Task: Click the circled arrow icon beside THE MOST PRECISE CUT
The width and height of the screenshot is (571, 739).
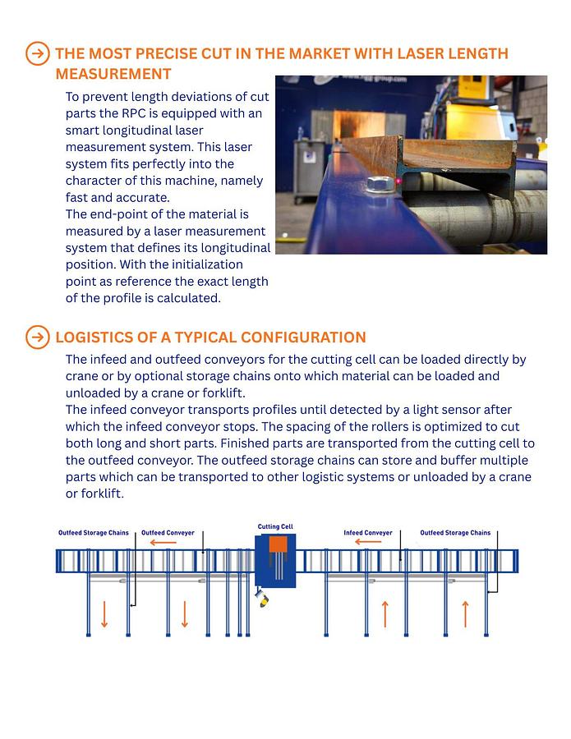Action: pos(37,54)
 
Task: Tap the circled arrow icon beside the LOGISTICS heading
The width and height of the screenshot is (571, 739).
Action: pos(37,337)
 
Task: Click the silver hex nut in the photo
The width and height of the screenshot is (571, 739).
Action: pos(379,183)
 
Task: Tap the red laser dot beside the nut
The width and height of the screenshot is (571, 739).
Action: pos(399,180)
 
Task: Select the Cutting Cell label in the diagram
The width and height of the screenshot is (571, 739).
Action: pos(274,527)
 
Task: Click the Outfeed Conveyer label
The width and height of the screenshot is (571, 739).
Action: pos(168,533)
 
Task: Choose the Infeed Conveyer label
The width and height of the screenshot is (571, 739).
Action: pos(368,533)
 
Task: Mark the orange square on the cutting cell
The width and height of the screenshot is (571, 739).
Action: pos(278,544)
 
